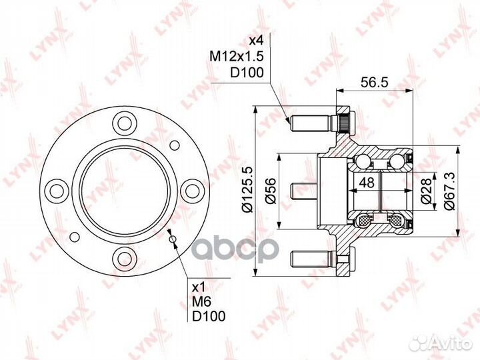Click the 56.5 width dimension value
(375, 83)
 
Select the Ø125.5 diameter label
(247, 189)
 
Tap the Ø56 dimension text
(271, 191)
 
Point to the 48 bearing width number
(367, 183)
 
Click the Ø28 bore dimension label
(426, 191)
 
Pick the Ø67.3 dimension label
(449, 191)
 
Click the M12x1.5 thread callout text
(236, 56)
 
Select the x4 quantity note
(255, 40)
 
